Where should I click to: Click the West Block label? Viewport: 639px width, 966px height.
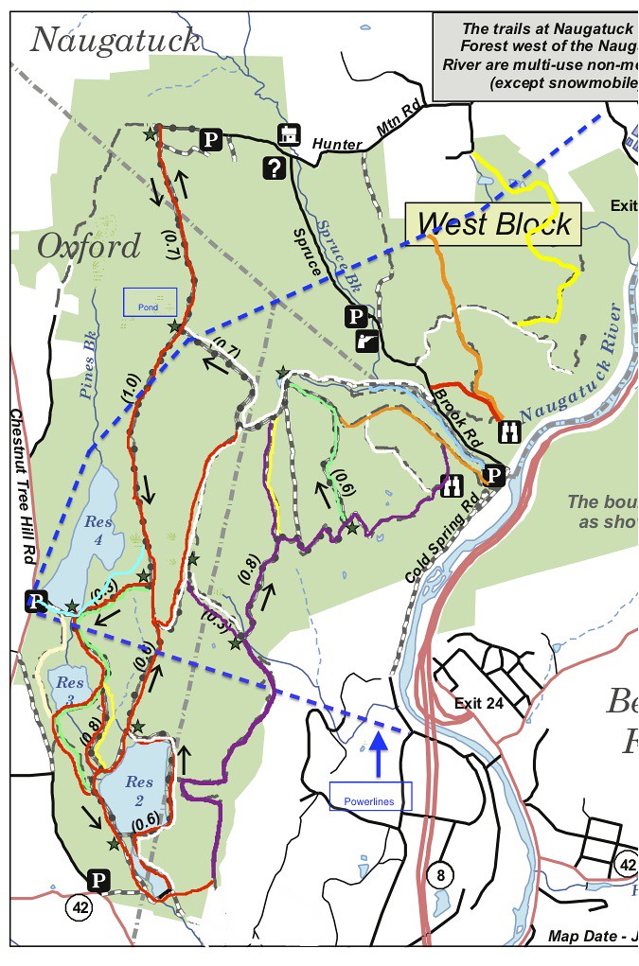click(x=494, y=223)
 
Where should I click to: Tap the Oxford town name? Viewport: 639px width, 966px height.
click(x=88, y=247)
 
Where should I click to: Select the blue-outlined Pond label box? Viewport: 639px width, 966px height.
click(x=151, y=302)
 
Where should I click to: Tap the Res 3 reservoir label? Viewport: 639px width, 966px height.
click(x=70, y=689)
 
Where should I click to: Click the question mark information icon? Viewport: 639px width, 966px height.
click(x=275, y=168)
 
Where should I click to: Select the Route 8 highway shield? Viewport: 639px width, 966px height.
click(x=438, y=875)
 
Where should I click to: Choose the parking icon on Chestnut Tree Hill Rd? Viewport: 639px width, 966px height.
click(x=36, y=601)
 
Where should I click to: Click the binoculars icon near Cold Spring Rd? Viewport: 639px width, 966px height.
click(x=450, y=486)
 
